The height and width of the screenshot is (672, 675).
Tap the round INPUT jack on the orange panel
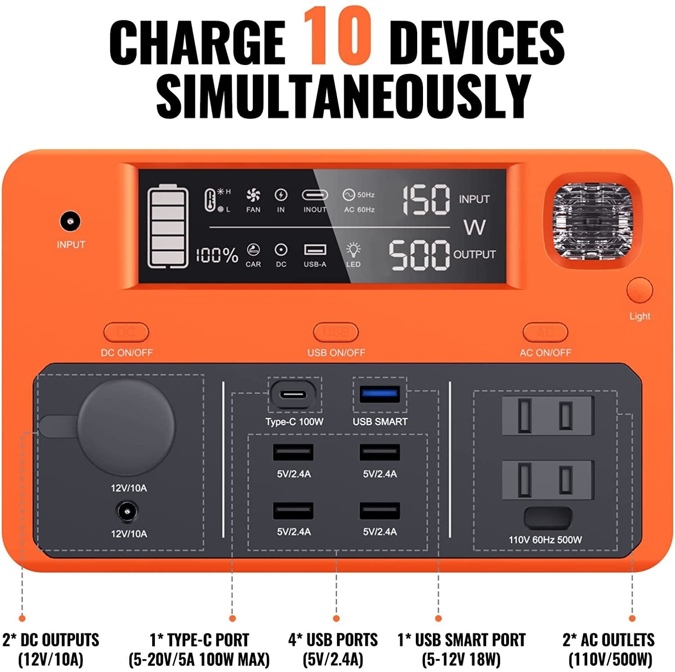70,222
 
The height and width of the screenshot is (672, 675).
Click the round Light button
639,291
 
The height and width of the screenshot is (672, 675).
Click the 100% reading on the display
216,255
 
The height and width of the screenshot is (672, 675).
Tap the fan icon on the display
253,195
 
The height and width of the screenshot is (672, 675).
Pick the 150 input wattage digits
425,200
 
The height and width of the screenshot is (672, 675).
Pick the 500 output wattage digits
419,255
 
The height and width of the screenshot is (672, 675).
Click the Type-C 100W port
294,395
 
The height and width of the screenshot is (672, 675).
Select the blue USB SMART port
380,394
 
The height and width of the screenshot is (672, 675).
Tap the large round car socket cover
126,428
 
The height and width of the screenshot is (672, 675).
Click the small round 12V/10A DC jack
128,513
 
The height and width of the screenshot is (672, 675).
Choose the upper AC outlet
548,415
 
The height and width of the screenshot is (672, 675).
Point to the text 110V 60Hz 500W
545,540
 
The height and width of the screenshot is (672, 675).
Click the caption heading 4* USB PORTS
333,640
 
